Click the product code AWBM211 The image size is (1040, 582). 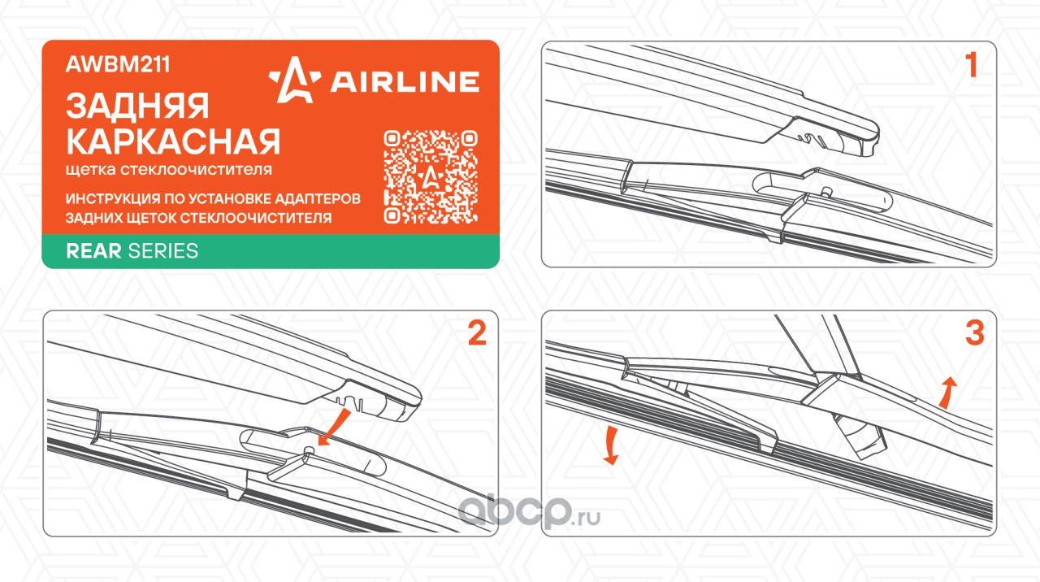(118, 64)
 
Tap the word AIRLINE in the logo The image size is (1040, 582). (405, 82)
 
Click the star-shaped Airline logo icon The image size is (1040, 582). (295, 80)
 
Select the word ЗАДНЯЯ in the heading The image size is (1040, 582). (137, 106)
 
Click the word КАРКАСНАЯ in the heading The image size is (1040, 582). (173, 141)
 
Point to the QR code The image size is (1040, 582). (431, 177)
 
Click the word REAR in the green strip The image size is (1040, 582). (93, 251)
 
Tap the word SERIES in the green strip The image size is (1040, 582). (163, 251)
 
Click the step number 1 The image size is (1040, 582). (971, 64)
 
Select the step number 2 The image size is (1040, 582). (477, 332)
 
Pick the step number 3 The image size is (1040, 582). (974, 332)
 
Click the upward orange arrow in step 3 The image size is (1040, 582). (947, 393)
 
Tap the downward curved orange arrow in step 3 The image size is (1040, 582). (612, 445)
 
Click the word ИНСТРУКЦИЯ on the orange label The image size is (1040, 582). (112, 199)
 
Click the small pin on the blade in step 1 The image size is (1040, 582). (826, 191)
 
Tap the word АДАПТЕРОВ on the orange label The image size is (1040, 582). (318, 199)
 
